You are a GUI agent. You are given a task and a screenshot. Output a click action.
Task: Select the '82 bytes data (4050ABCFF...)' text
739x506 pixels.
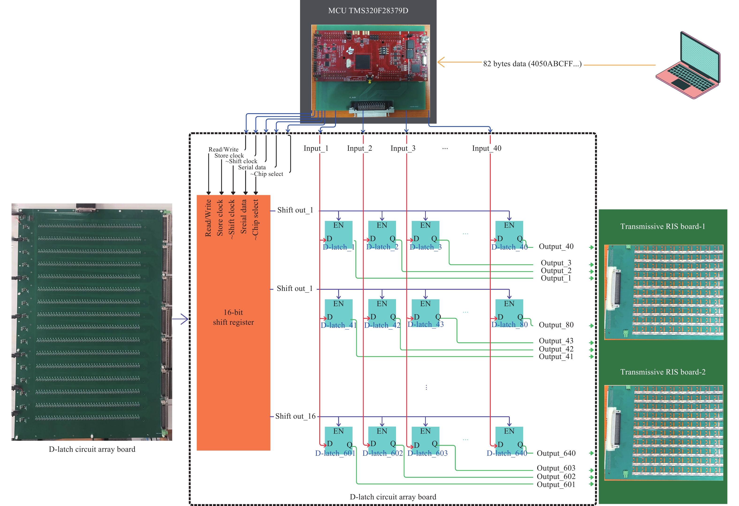coord(532,64)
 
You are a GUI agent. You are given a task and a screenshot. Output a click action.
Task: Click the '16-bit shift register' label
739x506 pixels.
coord(233,317)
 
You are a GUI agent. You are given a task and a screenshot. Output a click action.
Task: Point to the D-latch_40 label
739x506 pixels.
coord(509,247)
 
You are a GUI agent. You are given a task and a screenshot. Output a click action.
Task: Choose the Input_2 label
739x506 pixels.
coord(359,148)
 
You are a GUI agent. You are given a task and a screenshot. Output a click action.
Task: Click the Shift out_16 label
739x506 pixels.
coord(295,416)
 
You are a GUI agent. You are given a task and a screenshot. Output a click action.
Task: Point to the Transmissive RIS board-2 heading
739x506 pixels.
coord(663,372)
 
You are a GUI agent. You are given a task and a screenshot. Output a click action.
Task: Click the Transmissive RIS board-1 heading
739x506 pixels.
coord(663,226)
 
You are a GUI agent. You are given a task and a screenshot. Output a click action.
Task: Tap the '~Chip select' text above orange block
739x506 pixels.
coord(267,174)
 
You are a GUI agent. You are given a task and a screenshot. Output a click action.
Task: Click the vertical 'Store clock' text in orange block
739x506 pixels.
coord(220,218)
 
